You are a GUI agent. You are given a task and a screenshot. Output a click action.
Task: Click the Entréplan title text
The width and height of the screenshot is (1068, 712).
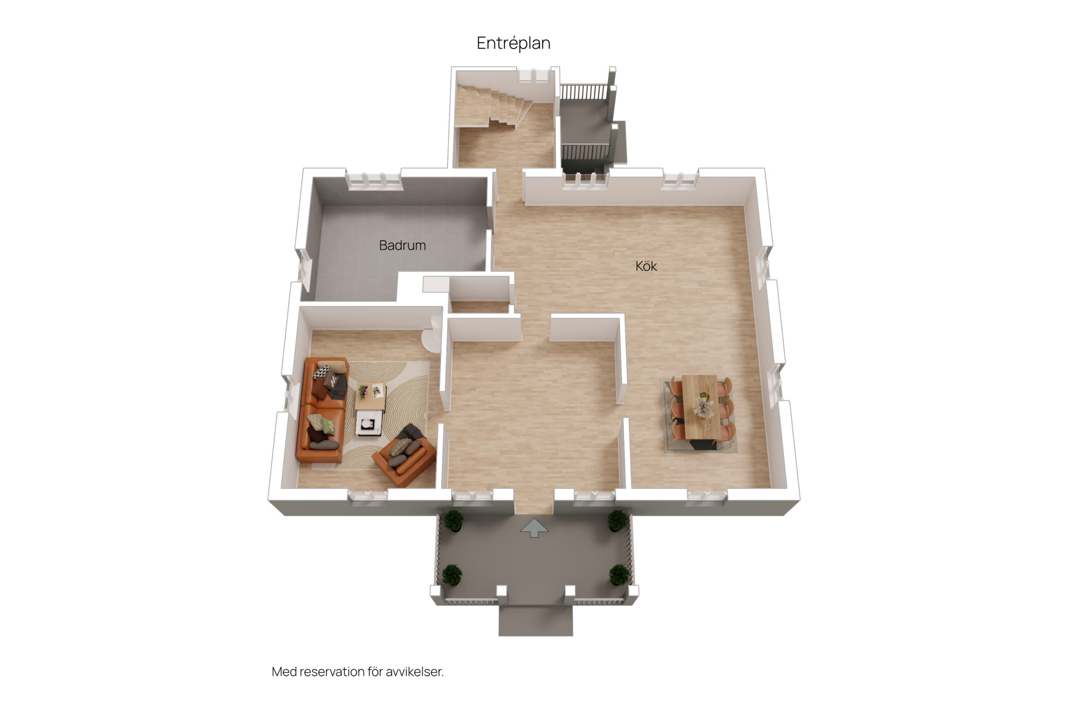coord(513,43)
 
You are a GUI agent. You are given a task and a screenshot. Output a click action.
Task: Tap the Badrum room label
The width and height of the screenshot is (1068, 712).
coord(402,245)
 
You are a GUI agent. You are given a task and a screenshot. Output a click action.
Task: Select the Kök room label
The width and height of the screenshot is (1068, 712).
coord(646,266)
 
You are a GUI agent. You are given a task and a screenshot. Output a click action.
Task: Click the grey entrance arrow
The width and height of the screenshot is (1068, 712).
coord(534,528)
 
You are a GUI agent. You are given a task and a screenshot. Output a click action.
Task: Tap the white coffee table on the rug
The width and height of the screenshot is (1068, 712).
coord(369,422)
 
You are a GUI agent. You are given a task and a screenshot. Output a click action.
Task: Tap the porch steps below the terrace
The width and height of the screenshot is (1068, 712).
coord(536,621)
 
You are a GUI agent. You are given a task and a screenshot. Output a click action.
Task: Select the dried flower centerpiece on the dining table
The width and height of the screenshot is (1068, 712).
coord(703,406)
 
